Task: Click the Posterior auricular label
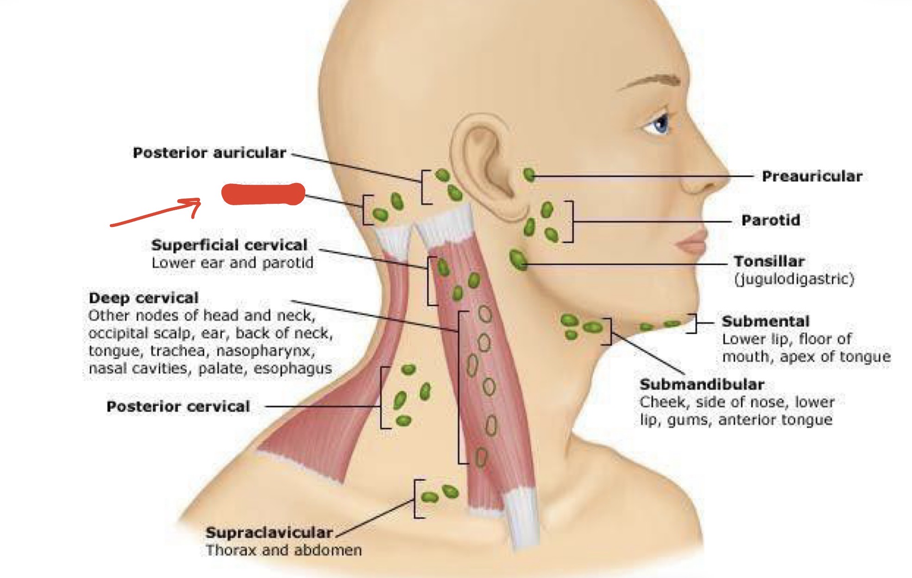(x=209, y=153)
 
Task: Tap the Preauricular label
(x=812, y=176)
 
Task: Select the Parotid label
(x=771, y=220)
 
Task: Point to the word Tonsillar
(x=769, y=261)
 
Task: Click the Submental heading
(x=766, y=321)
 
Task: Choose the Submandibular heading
(x=702, y=384)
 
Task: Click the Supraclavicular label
(x=269, y=533)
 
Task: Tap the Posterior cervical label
(x=178, y=407)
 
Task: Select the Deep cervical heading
(x=144, y=298)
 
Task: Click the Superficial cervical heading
(x=229, y=245)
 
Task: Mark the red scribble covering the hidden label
(x=263, y=194)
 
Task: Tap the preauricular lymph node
(x=529, y=175)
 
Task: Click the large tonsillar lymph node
(x=517, y=259)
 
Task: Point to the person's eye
(x=659, y=123)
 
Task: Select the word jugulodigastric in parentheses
(x=794, y=279)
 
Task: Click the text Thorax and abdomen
(x=283, y=550)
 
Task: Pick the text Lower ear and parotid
(x=233, y=263)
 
